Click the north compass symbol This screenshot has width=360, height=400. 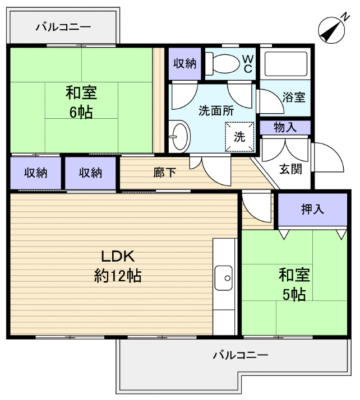click(x=332, y=30)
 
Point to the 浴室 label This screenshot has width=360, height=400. click(x=294, y=96)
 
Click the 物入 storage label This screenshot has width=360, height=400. click(x=285, y=128)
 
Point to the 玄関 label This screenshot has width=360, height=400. click(x=291, y=168)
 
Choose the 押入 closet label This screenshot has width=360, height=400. click(x=312, y=210)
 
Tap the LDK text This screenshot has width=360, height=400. click(x=117, y=257)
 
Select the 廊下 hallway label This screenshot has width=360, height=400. click(x=165, y=172)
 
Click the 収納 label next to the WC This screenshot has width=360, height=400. click(x=184, y=63)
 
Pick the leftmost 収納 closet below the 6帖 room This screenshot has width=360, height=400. click(x=35, y=173)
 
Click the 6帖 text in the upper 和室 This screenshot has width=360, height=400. click(x=81, y=112)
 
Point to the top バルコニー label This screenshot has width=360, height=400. click(x=63, y=26)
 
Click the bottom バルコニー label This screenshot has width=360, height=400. click(x=241, y=355)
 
